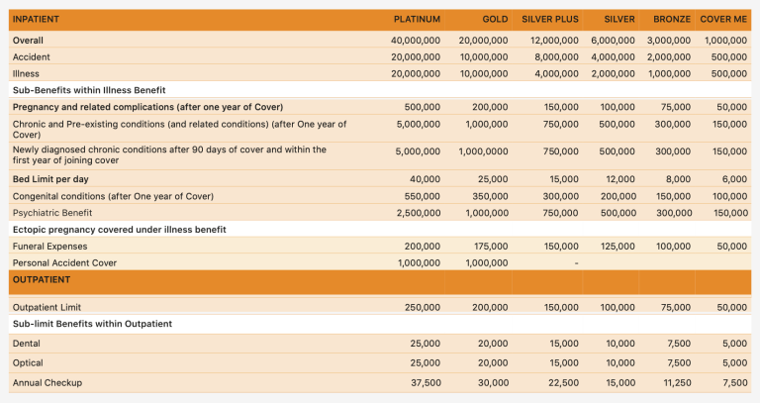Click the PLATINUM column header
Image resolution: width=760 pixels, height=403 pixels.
417,19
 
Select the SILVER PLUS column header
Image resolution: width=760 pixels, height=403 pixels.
550,19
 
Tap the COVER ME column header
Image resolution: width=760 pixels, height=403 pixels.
723,19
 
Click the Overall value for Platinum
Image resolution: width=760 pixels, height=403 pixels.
416,41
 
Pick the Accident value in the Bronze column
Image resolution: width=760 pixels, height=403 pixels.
669,57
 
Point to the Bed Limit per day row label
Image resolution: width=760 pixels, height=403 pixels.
50,179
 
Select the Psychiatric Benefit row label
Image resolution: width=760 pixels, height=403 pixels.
52,213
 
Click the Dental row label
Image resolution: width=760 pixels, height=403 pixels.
27,343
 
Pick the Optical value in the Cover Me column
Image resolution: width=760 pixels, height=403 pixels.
734,362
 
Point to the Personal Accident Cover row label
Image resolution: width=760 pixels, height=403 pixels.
64,262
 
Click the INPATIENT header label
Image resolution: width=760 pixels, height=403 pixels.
36,19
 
